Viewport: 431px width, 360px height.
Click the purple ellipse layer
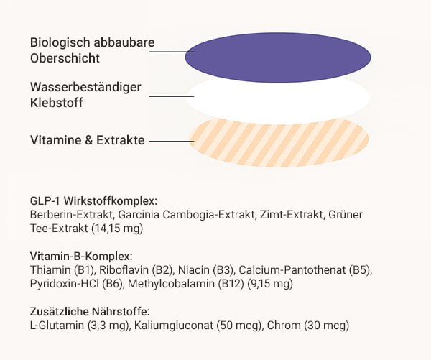click(x=278, y=57)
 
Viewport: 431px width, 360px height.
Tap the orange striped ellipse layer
click(x=279, y=142)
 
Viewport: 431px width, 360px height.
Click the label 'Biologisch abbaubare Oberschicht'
click(x=93, y=50)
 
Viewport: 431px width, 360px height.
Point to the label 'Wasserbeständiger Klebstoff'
click(x=85, y=95)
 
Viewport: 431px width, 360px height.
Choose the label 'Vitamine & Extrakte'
click(x=88, y=140)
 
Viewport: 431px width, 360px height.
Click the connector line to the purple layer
click(x=172, y=52)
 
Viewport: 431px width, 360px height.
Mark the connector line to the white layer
click(x=172, y=96)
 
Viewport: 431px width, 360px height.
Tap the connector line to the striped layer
click(x=172, y=141)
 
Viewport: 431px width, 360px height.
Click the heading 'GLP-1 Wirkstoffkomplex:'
click(x=93, y=201)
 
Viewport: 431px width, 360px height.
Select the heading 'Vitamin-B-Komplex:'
click(x=81, y=257)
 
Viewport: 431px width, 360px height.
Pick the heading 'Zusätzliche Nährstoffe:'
click(x=90, y=312)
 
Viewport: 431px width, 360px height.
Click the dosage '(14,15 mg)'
click(x=117, y=229)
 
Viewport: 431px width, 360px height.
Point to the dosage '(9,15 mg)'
click(x=270, y=284)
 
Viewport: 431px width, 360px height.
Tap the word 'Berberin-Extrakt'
click(x=72, y=215)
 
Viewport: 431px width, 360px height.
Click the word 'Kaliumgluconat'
click(x=174, y=326)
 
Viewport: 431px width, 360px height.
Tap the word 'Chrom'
click(x=284, y=326)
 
